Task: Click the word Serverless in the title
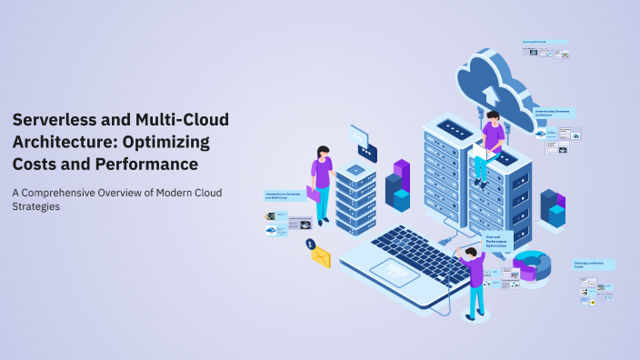pyautogui.click(x=55, y=120)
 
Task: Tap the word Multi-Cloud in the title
pyautogui.click(x=183, y=120)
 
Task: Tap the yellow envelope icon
pyautogui.click(x=321, y=257)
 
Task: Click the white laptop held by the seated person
pyautogui.click(x=478, y=154)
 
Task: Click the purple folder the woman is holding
pyautogui.click(x=314, y=193)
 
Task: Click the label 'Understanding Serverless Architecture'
pyautogui.click(x=554, y=115)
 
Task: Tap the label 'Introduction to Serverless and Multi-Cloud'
pyautogui.click(x=284, y=195)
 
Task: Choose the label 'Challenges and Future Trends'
pyautogui.click(x=594, y=265)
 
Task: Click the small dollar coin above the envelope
pyautogui.click(x=310, y=244)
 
